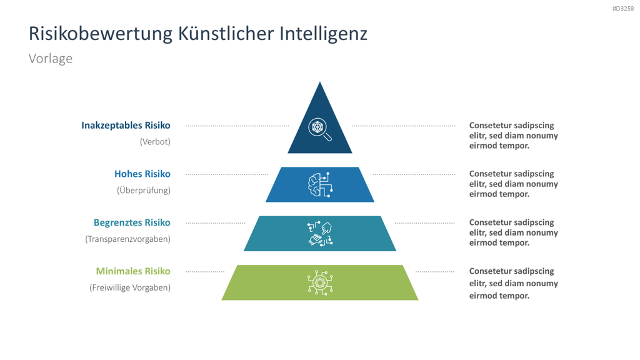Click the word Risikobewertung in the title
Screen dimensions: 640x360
[101, 34]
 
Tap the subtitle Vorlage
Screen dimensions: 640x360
[51, 58]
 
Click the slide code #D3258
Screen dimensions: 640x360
[623, 9]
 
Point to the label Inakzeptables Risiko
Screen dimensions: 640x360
[126, 125]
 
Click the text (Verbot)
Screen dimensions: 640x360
[155, 142]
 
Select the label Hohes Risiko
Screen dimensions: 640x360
[142, 174]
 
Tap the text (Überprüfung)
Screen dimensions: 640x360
[144, 190]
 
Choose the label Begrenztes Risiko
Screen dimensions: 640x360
[132, 222]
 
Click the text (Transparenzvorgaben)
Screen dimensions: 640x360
[127, 239]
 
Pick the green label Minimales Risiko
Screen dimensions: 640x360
[133, 271]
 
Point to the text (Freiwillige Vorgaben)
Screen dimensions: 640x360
[130, 287]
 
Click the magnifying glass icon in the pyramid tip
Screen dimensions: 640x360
[320, 129]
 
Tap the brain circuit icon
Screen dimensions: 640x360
[320, 184]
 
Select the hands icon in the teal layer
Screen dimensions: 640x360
[320, 234]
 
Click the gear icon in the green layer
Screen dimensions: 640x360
[320, 282]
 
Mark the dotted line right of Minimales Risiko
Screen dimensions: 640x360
[205, 271]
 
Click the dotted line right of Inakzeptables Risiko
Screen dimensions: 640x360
[237, 126]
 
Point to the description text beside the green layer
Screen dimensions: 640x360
[514, 283]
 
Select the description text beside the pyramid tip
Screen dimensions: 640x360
[514, 136]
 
